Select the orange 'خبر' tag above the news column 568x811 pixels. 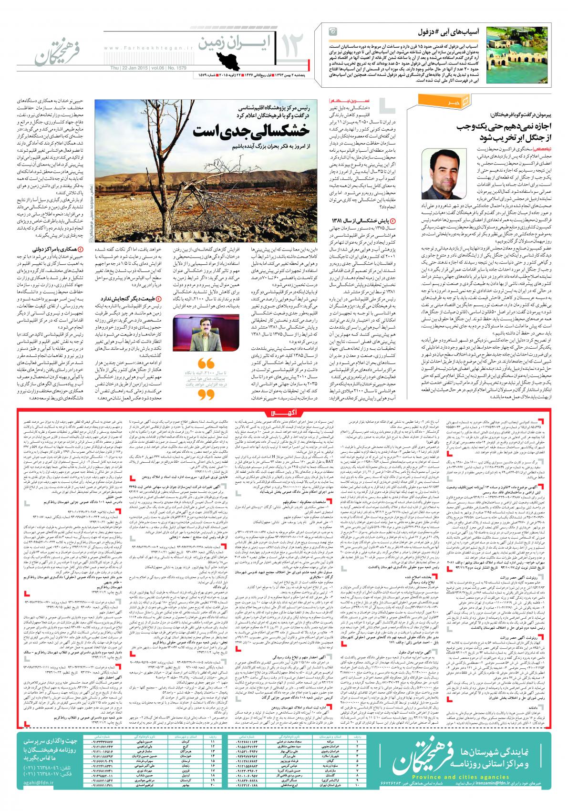(425, 101)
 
